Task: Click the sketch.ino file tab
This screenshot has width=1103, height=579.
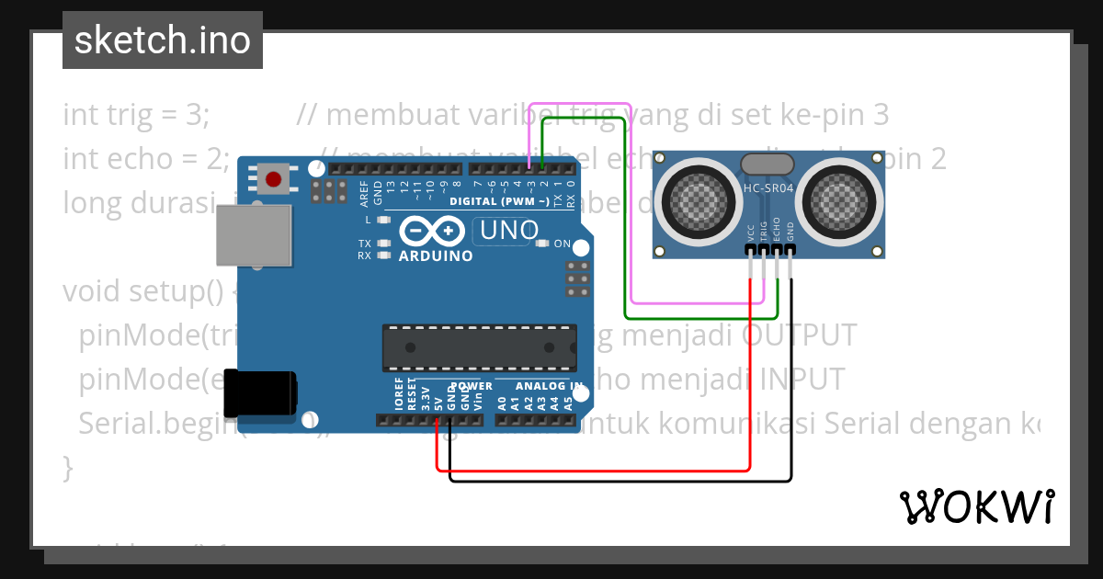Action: pyautogui.click(x=163, y=40)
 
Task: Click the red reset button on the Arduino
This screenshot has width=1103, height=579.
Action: pyautogui.click(x=273, y=178)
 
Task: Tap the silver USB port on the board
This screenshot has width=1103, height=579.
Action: pyautogui.click(x=254, y=236)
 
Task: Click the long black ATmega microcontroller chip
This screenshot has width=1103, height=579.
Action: pyautogui.click(x=480, y=351)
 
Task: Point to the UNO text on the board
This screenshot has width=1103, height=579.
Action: pyautogui.click(x=506, y=231)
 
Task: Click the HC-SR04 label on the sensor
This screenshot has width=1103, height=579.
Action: pyautogui.click(x=769, y=188)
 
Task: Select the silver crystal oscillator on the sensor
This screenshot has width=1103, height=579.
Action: pyautogui.click(x=767, y=165)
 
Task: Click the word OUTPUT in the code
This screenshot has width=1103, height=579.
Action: pyautogui.click(x=799, y=335)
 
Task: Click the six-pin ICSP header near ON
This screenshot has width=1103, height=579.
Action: pyautogui.click(x=578, y=278)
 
